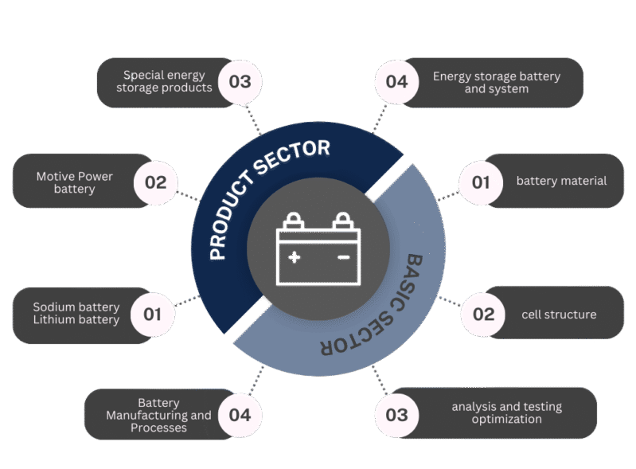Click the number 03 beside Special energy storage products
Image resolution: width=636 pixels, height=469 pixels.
click(x=240, y=82)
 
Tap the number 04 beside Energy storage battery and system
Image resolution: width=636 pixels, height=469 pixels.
click(x=396, y=82)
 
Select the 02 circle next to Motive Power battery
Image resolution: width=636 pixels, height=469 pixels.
click(x=156, y=182)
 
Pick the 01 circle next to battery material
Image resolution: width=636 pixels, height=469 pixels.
click(x=481, y=182)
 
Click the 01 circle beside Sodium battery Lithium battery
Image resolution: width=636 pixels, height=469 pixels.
click(x=153, y=314)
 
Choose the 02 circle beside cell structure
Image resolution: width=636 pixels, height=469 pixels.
click(x=483, y=314)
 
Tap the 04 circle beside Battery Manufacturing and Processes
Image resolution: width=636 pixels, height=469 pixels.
click(x=240, y=415)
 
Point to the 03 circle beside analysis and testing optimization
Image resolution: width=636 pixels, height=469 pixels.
click(x=396, y=415)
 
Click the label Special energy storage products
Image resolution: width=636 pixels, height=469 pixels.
click(x=164, y=81)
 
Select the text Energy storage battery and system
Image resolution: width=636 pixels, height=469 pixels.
click(x=497, y=82)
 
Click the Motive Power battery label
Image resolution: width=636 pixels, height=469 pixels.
click(x=75, y=182)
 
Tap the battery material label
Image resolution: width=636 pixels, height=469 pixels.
click(x=561, y=181)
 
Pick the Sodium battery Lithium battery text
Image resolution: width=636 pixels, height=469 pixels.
click(x=76, y=313)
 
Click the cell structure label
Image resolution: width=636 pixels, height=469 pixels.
click(x=559, y=315)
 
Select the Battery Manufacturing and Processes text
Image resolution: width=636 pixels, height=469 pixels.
click(x=158, y=415)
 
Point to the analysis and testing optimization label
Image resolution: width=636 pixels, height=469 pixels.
click(x=506, y=412)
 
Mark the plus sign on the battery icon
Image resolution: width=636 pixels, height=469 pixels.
click(x=295, y=257)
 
